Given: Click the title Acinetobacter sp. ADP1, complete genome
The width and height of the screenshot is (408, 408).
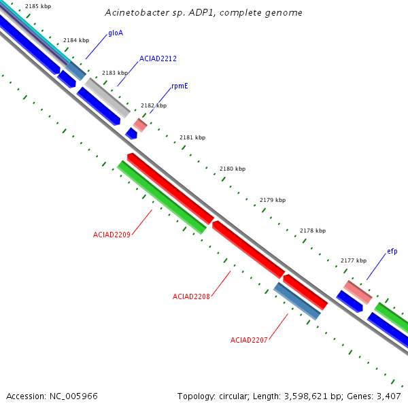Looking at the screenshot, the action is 204,13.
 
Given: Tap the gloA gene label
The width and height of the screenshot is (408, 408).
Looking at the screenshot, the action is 116,33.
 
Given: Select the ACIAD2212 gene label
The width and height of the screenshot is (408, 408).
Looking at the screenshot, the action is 158,59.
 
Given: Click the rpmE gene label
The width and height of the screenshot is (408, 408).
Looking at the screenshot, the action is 180,86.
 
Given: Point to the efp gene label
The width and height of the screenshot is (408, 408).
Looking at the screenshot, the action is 392,252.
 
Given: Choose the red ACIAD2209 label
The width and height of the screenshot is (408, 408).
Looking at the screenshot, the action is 112,235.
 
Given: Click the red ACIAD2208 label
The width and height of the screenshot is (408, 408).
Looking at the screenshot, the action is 191,296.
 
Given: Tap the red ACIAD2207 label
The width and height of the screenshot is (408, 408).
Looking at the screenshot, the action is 249,340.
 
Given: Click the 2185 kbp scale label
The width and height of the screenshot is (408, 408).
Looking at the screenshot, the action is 38,7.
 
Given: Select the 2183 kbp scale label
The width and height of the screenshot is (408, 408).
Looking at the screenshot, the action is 115,73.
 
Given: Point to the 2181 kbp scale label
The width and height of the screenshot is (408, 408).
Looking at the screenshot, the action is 192,137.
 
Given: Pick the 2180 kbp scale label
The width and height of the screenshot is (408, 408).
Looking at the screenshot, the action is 233,169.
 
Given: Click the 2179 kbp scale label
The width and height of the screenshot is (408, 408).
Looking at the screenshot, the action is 273,200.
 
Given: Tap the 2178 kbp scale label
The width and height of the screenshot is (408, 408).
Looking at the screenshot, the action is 313,231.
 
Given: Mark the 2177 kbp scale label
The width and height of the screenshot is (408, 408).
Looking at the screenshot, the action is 354,260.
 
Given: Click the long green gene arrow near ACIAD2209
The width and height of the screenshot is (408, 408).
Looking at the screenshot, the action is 162,197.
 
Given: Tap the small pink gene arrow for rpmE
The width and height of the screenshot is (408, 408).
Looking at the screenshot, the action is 140,124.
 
